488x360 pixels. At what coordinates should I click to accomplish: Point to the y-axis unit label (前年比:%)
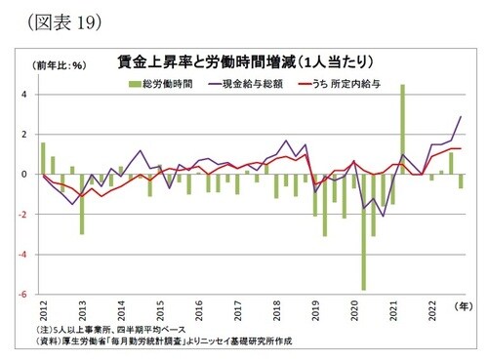(61, 66)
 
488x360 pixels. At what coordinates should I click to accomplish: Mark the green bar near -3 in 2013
(82, 204)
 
